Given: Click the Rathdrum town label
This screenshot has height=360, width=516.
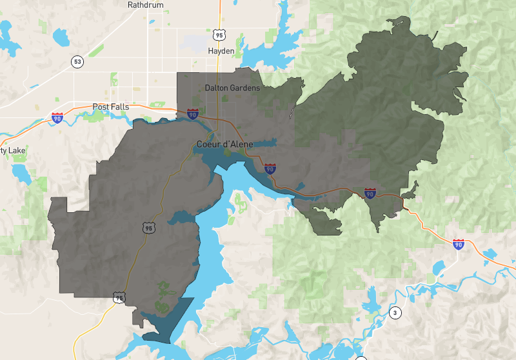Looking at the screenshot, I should click(145, 5).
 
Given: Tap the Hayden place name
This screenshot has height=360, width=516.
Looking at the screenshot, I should click(221, 51).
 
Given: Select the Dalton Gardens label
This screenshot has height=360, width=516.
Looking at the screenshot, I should click(232, 88).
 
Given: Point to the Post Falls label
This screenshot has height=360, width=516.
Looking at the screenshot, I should click(111, 107).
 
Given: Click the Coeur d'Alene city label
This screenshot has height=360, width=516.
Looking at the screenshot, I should click(225, 144).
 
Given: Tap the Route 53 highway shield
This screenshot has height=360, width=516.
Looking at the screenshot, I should click(77, 62).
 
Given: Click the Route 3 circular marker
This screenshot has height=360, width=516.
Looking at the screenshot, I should click(394, 314).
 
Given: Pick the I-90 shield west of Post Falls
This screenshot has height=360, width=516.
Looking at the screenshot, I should click(57, 117).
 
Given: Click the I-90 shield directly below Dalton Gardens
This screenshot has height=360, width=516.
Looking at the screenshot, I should click(192, 114).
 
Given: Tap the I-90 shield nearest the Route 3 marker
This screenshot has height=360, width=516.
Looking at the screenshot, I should click(458, 244).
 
